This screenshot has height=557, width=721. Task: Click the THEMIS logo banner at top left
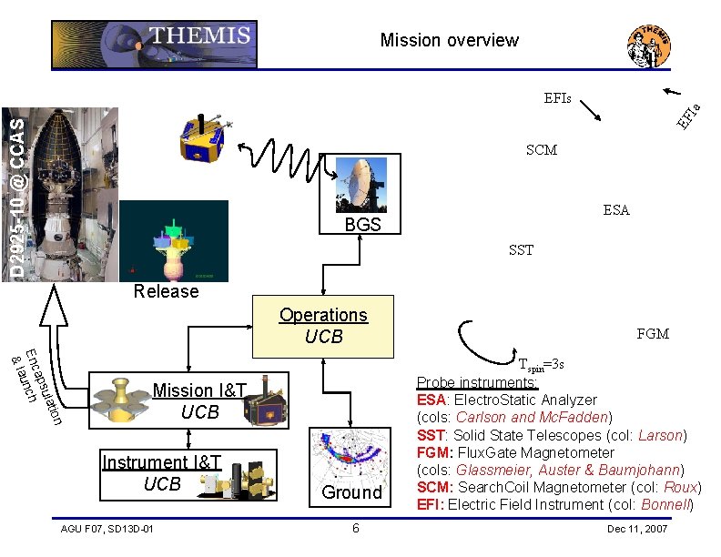click(154, 44)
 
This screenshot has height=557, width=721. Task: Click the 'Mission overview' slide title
click(449, 40)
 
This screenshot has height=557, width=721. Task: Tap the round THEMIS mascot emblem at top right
click(650, 46)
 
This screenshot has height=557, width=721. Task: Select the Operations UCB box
click(323, 326)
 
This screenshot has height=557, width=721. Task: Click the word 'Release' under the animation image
click(166, 291)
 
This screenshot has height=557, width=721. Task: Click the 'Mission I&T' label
click(199, 391)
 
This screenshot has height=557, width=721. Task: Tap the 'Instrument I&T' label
click(162, 462)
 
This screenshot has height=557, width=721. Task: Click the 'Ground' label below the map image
click(351, 492)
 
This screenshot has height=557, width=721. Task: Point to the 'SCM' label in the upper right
click(542, 150)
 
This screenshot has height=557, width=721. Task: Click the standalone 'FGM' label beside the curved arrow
click(653, 334)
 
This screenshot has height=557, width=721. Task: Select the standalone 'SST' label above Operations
click(522, 250)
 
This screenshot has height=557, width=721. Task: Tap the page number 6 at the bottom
click(356, 530)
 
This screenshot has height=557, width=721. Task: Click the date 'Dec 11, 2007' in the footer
click(636, 530)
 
